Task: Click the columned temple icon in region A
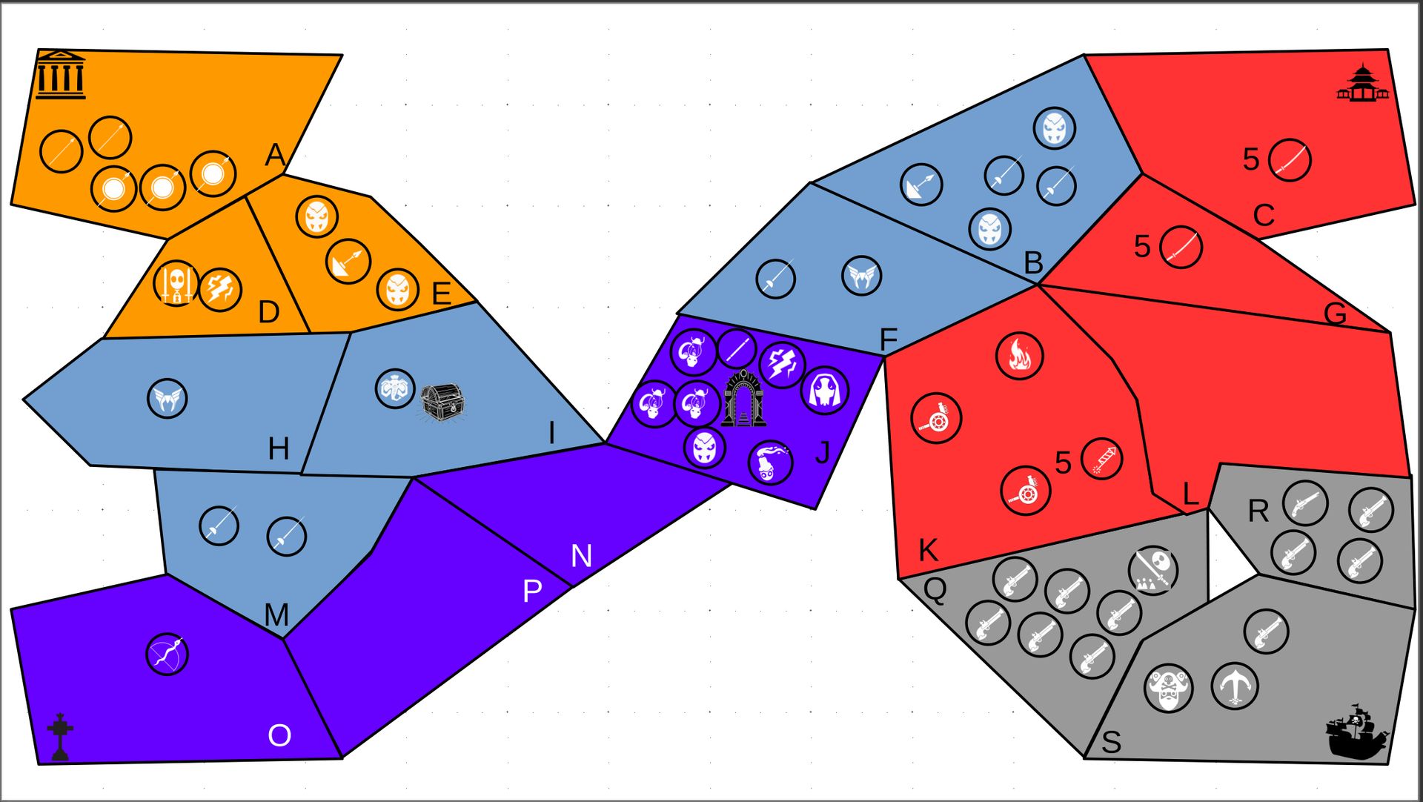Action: [x=60, y=75]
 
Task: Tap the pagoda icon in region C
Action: [x=1362, y=83]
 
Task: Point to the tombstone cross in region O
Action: [x=60, y=737]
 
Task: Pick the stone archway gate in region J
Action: [x=743, y=398]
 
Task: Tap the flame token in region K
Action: [x=1019, y=356]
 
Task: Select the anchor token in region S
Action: [x=1234, y=686]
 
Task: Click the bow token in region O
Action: [x=167, y=654]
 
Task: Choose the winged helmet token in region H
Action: [x=167, y=398]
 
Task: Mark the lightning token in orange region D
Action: [x=220, y=289]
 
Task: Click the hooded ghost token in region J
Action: [x=825, y=391]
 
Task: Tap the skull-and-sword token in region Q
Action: [x=1153, y=570]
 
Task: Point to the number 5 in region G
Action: [x=1142, y=247]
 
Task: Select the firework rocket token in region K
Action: [x=1101, y=458]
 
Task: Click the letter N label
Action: [x=582, y=555]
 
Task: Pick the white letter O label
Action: [x=279, y=735]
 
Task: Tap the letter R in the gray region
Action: [x=1258, y=511]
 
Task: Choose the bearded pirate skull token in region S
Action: [x=1169, y=688]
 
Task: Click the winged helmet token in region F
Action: [x=862, y=276]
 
